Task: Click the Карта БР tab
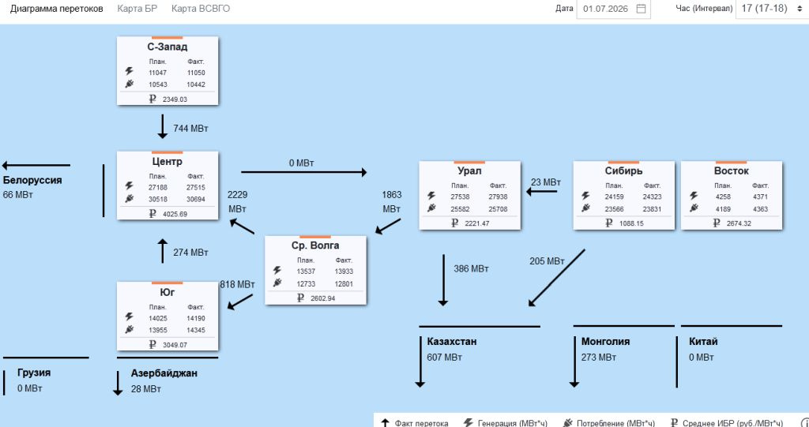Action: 137,9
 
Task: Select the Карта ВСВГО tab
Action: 201,9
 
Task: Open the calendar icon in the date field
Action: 642,9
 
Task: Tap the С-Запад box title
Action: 167,47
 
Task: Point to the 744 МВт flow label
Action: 190,129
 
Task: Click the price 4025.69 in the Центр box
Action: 175,213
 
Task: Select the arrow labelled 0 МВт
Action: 304,172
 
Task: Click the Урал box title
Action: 469,170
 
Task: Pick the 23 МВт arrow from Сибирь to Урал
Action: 542,191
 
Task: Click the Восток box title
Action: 731,170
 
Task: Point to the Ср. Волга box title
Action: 315,245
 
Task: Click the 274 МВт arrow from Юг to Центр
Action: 163,251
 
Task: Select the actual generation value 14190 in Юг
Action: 196,318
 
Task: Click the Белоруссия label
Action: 32,181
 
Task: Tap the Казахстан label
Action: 451,342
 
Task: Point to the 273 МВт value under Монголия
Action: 599,357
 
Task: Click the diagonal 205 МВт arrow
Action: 557,278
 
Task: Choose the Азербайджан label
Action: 164,373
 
